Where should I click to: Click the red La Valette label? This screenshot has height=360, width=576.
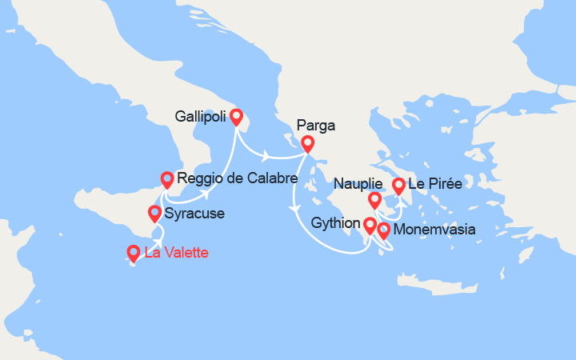(177, 253)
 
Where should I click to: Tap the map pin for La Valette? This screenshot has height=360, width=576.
(134, 254)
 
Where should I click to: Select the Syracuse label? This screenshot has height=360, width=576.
(194, 214)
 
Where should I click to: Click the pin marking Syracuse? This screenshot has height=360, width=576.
(154, 213)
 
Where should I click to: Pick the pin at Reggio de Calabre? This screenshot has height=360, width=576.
(167, 179)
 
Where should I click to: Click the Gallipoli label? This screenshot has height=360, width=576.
(200, 116)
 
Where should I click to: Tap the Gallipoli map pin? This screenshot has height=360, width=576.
(236, 117)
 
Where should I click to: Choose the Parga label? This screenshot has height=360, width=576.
(315, 125)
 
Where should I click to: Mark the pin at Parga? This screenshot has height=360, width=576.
(307, 144)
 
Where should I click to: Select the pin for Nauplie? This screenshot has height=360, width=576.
(374, 200)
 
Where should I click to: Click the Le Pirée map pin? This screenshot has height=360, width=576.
(398, 186)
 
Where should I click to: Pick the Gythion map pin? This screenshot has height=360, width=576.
(369, 225)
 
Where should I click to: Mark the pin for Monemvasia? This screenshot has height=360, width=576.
(384, 230)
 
